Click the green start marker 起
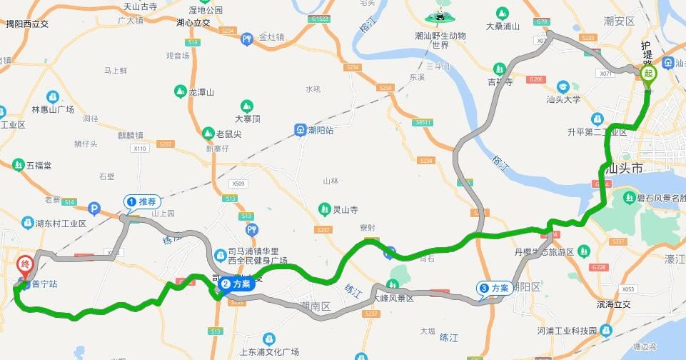(x=647, y=74)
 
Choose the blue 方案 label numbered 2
(x=236, y=284)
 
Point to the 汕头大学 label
(x=563, y=100)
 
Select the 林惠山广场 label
(x=53, y=109)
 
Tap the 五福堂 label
(x=38, y=166)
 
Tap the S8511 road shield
(x=423, y=122)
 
